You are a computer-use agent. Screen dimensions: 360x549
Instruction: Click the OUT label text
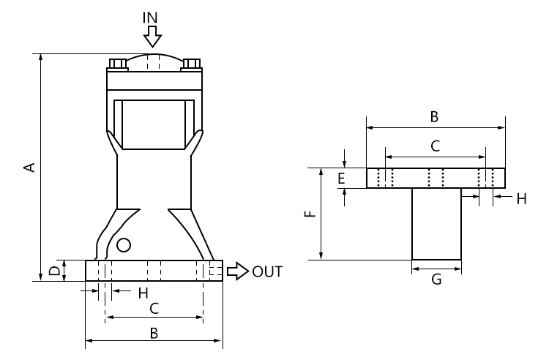point(267,271)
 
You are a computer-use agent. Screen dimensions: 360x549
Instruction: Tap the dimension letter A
point(29,168)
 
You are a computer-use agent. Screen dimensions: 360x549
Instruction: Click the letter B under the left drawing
point(154,333)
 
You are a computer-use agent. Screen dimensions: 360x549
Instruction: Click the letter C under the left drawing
point(154,308)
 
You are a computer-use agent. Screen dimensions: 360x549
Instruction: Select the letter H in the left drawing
point(143,293)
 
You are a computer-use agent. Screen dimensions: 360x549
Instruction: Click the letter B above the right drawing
point(434,116)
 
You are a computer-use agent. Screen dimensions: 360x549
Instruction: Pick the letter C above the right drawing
point(434,146)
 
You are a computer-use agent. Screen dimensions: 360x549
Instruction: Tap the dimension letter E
point(341,178)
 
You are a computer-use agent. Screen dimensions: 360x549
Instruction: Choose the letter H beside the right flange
point(521,198)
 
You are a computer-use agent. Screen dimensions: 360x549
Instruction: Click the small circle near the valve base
point(124,244)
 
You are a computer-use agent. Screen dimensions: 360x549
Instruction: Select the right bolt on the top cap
point(192,64)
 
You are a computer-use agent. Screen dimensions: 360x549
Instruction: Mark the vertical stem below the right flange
point(436,223)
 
